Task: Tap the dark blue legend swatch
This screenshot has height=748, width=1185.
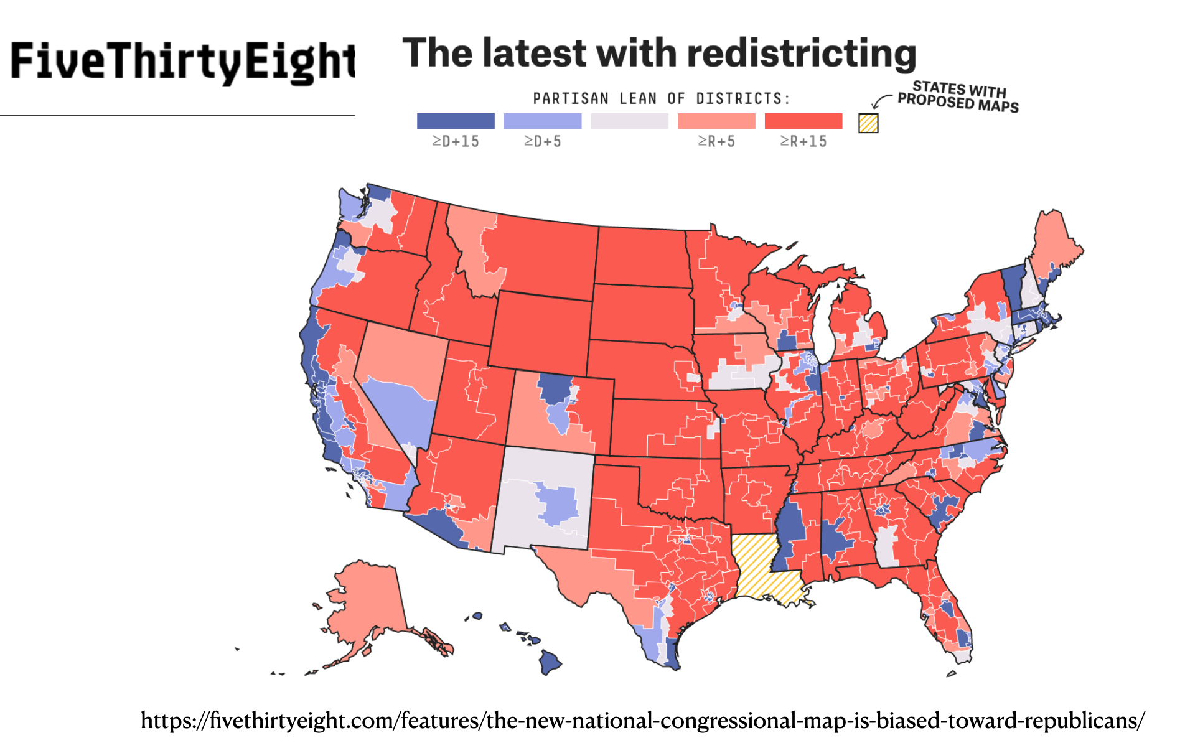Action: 456,121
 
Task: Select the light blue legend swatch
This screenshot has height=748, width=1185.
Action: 542,121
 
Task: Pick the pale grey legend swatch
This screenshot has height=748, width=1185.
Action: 629,121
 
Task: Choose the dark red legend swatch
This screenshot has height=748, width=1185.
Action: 803,121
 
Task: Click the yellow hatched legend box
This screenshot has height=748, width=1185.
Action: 868,123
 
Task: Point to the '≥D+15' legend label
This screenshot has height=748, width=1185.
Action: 456,142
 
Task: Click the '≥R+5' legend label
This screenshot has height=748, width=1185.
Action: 716,142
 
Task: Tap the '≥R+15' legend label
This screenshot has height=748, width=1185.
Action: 803,142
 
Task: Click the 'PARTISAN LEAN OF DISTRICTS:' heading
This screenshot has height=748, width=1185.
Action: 662,99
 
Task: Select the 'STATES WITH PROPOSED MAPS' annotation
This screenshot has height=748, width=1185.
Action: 958,97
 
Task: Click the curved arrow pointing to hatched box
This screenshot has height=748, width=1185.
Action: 880,101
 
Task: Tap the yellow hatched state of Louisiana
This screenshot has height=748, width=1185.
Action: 762,566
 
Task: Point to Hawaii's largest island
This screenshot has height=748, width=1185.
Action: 550,662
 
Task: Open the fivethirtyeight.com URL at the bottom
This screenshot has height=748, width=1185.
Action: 642,721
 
